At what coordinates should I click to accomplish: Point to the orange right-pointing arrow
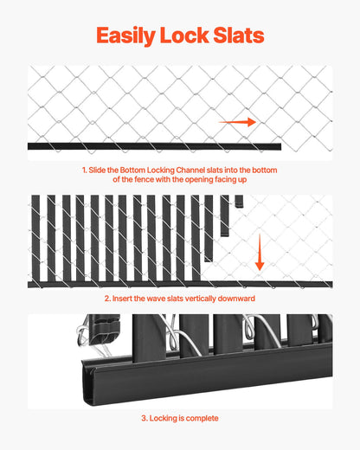(x=237, y=123)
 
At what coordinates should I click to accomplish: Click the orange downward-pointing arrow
(x=259, y=252)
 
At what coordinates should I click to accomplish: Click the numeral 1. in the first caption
(x=85, y=170)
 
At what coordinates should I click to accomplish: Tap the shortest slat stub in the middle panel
(x=240, y=201)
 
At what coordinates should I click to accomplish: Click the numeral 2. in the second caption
(x=108, y=299)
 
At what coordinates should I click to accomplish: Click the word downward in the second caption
(x=239, y=299)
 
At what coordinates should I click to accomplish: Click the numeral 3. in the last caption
(x=145, y=418)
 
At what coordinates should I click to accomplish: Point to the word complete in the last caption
(x=203, y=418)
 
